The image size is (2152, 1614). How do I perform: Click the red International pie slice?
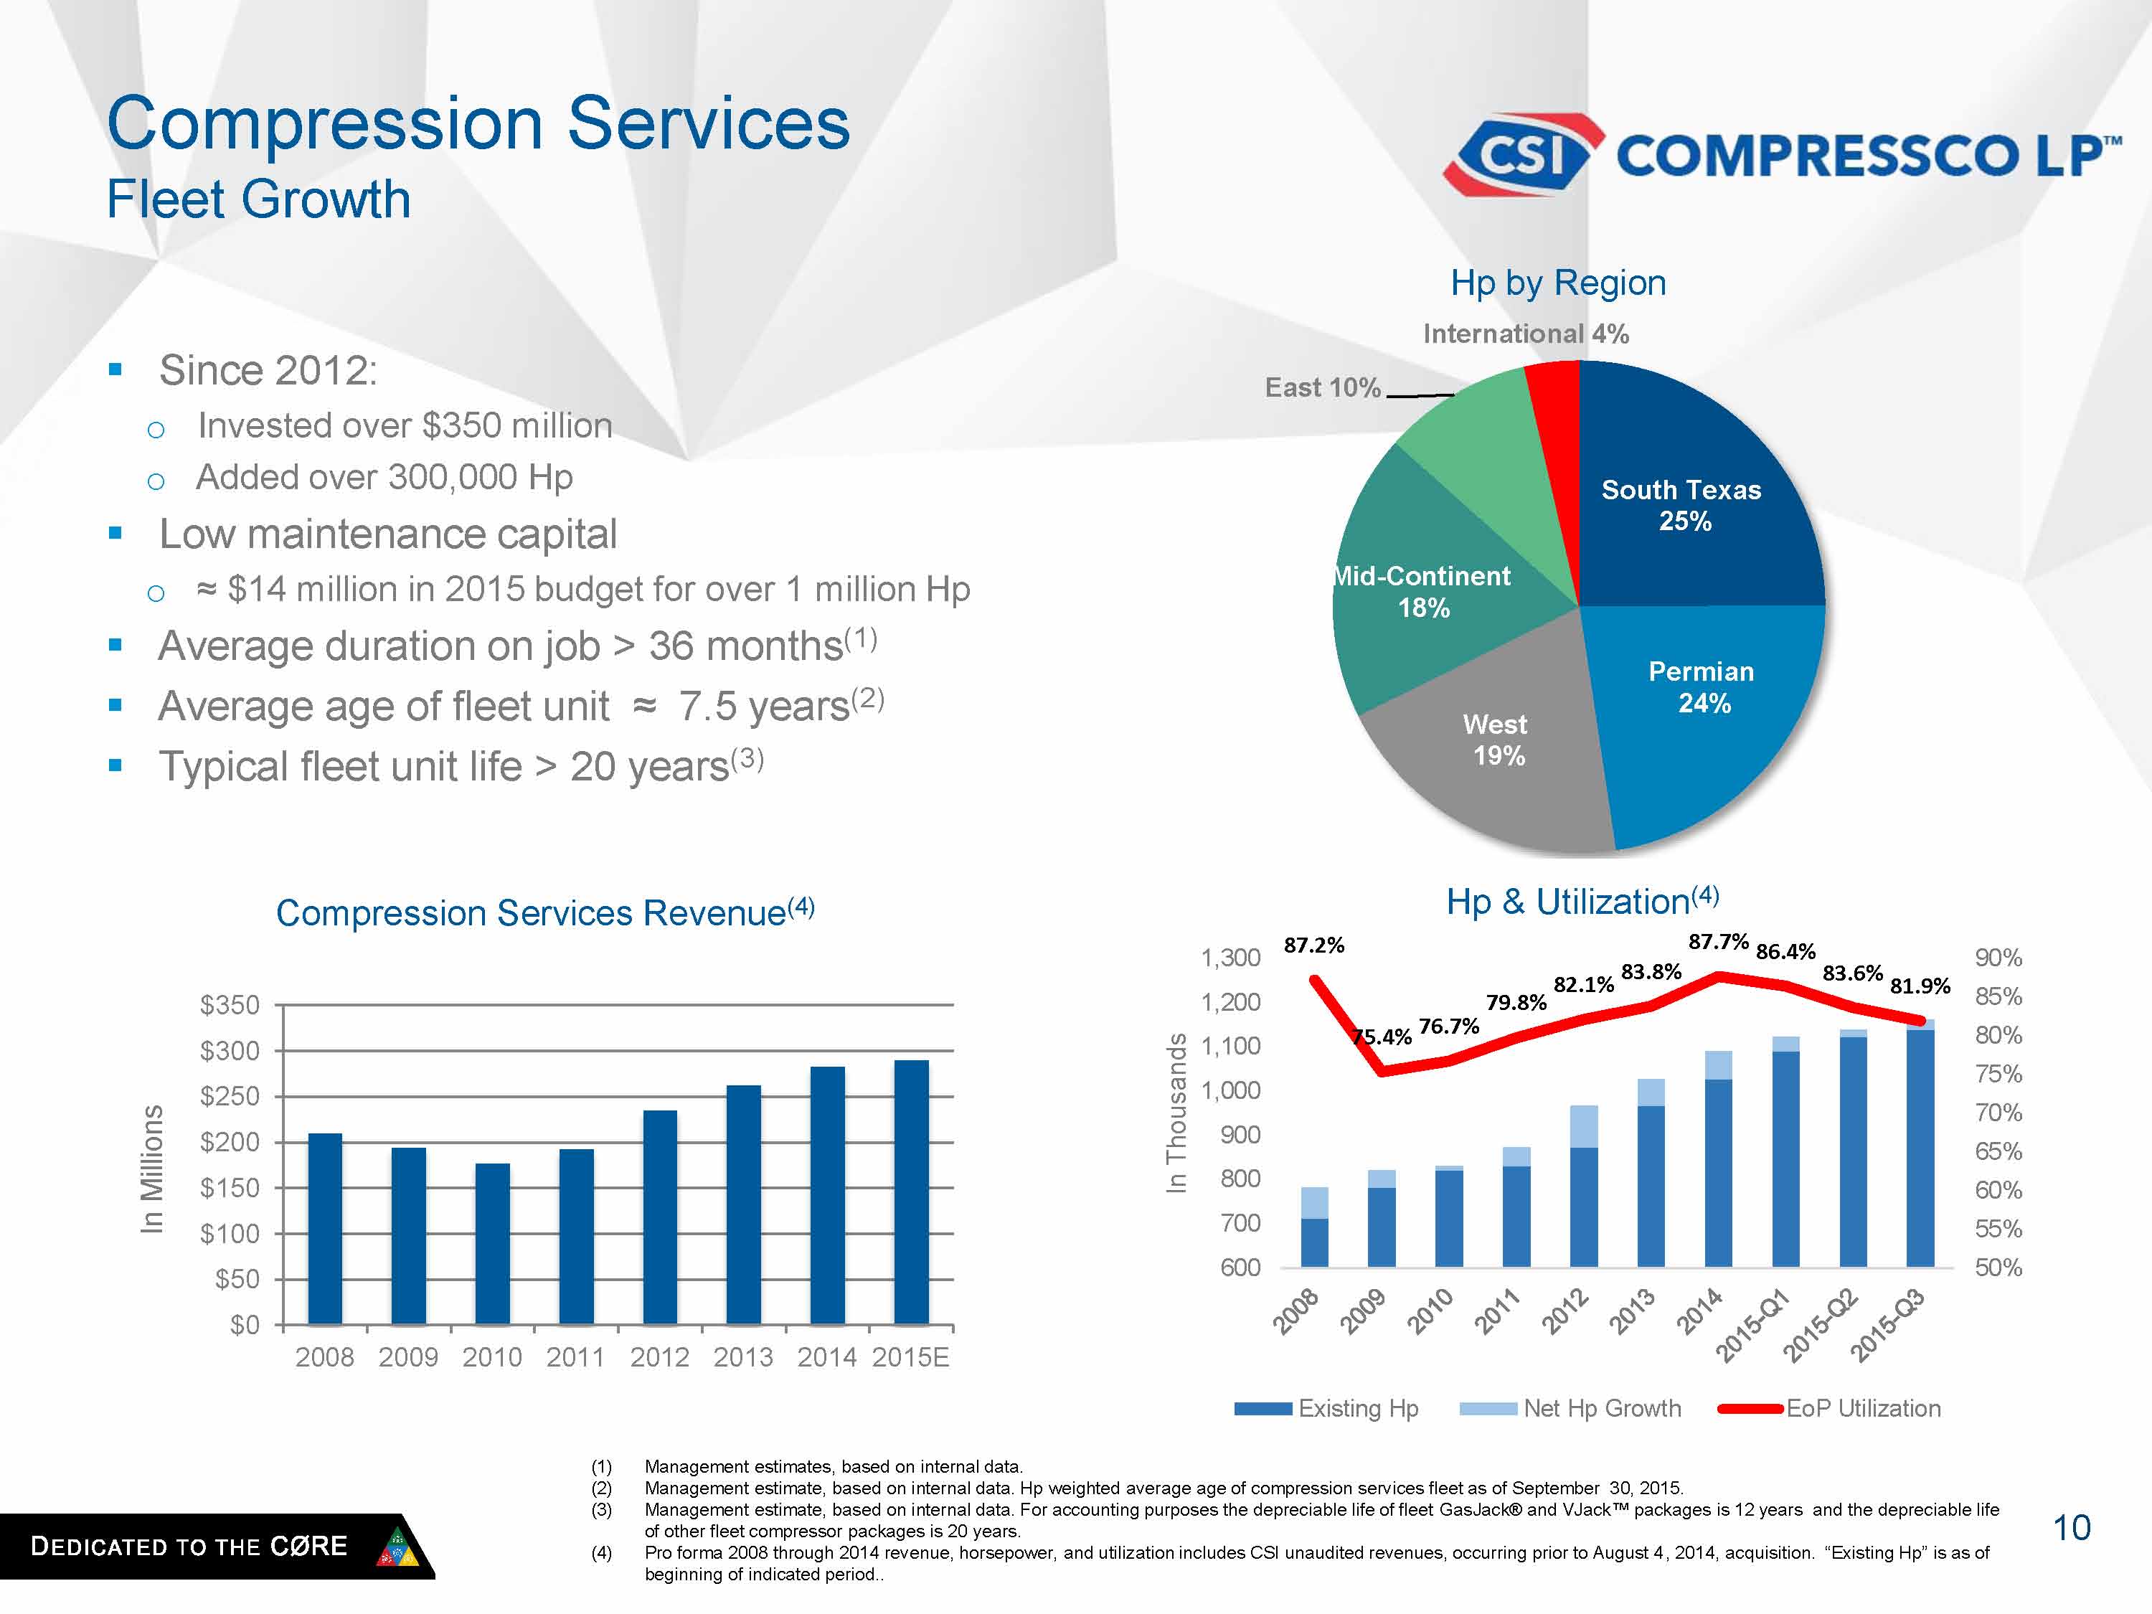(x=1554, y=409)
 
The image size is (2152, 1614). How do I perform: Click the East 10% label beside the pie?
(x=1322, y=388)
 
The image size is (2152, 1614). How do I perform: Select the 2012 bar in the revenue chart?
(x=660, y=1216)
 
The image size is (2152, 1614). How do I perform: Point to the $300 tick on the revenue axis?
(x=230, y=1051)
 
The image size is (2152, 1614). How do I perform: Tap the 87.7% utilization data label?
(x=1718, y=942)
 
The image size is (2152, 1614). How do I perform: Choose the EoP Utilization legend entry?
(x=1862, y=1409)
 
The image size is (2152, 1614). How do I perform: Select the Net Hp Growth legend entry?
(x=1601, y=1409)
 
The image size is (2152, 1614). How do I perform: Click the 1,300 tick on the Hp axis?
(x=1231, y=958)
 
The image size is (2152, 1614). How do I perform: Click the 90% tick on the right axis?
(x=1998, y=958)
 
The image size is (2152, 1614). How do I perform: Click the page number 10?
(x=2071, y=1529)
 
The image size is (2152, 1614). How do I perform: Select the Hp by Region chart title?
(x=1557, y=283)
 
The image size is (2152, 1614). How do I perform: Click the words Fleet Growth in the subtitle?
(x=259, y=199)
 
